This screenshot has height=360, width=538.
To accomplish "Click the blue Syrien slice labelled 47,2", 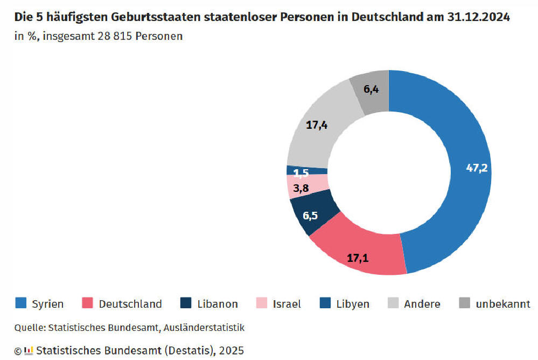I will coord(463,178).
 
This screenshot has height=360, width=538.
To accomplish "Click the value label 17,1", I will coord(358,258).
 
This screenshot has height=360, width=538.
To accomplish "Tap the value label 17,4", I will coord(317,125).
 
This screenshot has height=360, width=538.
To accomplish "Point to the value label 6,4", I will coord(371,89).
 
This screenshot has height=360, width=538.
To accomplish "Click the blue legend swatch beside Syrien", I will coord(20,303).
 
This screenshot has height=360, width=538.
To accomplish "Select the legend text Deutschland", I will coord(130,304).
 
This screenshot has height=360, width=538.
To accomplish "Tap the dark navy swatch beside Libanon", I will coord(186,303).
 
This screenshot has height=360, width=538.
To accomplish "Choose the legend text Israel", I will coord(287,304).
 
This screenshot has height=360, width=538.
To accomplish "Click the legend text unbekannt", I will coord(503,304).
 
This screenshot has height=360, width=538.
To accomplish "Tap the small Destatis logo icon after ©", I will coord(29,350).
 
